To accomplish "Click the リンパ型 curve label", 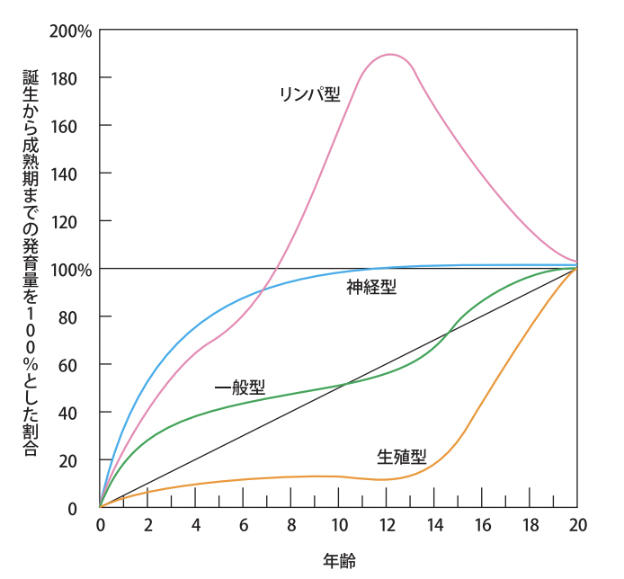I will click(x=310, y=94).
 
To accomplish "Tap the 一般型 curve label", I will click(x=240, y=387).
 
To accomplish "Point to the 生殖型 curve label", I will click(x=401, y=457).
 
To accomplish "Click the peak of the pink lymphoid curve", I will click(x=389, y=55).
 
